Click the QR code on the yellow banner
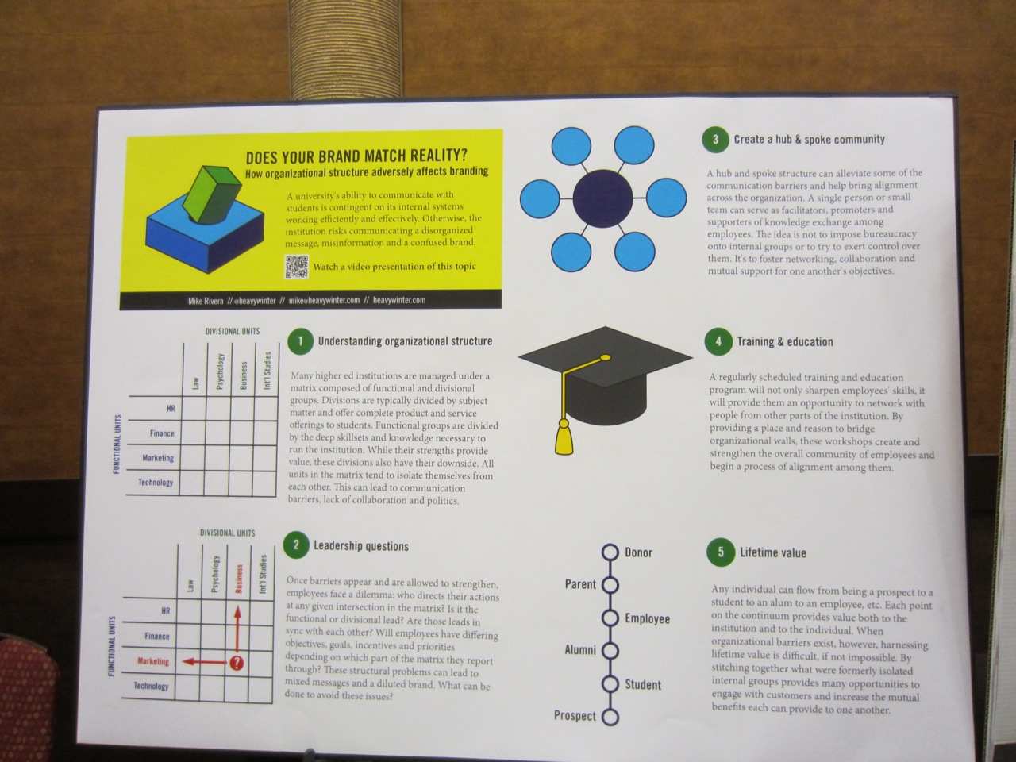[x=296, y=267]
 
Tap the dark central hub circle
[x=602, y=198]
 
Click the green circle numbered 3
[x=715, y=139]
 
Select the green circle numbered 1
[x=300, y=341]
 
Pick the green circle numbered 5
[x=721, y=552]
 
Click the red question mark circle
[x=237, y=664]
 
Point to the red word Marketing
[x=153, y=662]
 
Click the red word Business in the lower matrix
[x=239, y=579]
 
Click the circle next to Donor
[x=610, y=552]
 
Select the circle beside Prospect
[x=610, y=717]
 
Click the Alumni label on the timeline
[x=580, y=650]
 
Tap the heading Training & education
[x=785, y=342]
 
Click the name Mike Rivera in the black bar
[x=206, y=301]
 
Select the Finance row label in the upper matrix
[x=162, y=433]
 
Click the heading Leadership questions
[x=361, y=546]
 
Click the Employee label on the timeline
[x=648, y=619]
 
